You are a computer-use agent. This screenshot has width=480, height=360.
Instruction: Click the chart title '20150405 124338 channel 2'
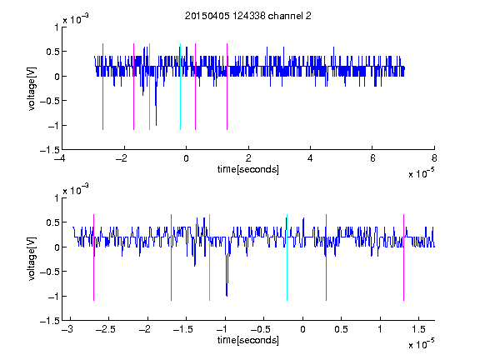248,16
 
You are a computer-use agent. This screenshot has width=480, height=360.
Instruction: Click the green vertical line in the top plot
149,87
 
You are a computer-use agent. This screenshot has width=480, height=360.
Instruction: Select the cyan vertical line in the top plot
180,87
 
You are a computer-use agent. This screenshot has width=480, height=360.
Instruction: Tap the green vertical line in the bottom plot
209,257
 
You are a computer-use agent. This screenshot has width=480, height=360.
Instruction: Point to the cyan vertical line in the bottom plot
287,257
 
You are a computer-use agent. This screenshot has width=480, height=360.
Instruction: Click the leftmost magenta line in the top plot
102,87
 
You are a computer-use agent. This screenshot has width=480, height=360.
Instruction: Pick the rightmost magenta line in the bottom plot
403,257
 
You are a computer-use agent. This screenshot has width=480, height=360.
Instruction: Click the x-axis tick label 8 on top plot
434,158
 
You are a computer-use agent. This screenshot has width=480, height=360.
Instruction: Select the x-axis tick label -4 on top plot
60,158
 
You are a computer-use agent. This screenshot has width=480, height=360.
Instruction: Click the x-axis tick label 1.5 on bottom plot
418,329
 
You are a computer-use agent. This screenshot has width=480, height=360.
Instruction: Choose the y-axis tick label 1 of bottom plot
57,198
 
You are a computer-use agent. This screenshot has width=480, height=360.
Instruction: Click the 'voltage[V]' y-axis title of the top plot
32,89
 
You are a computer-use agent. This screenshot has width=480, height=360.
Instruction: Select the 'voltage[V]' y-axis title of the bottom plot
32,258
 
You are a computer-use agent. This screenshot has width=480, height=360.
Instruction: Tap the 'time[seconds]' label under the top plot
248,169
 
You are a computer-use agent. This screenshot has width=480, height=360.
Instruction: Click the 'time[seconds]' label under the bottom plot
248,340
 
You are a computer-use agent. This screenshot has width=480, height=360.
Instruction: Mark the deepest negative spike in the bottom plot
227,295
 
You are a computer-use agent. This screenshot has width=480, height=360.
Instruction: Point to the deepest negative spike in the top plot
156,124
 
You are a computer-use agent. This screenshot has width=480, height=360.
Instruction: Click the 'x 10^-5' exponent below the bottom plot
421,343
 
